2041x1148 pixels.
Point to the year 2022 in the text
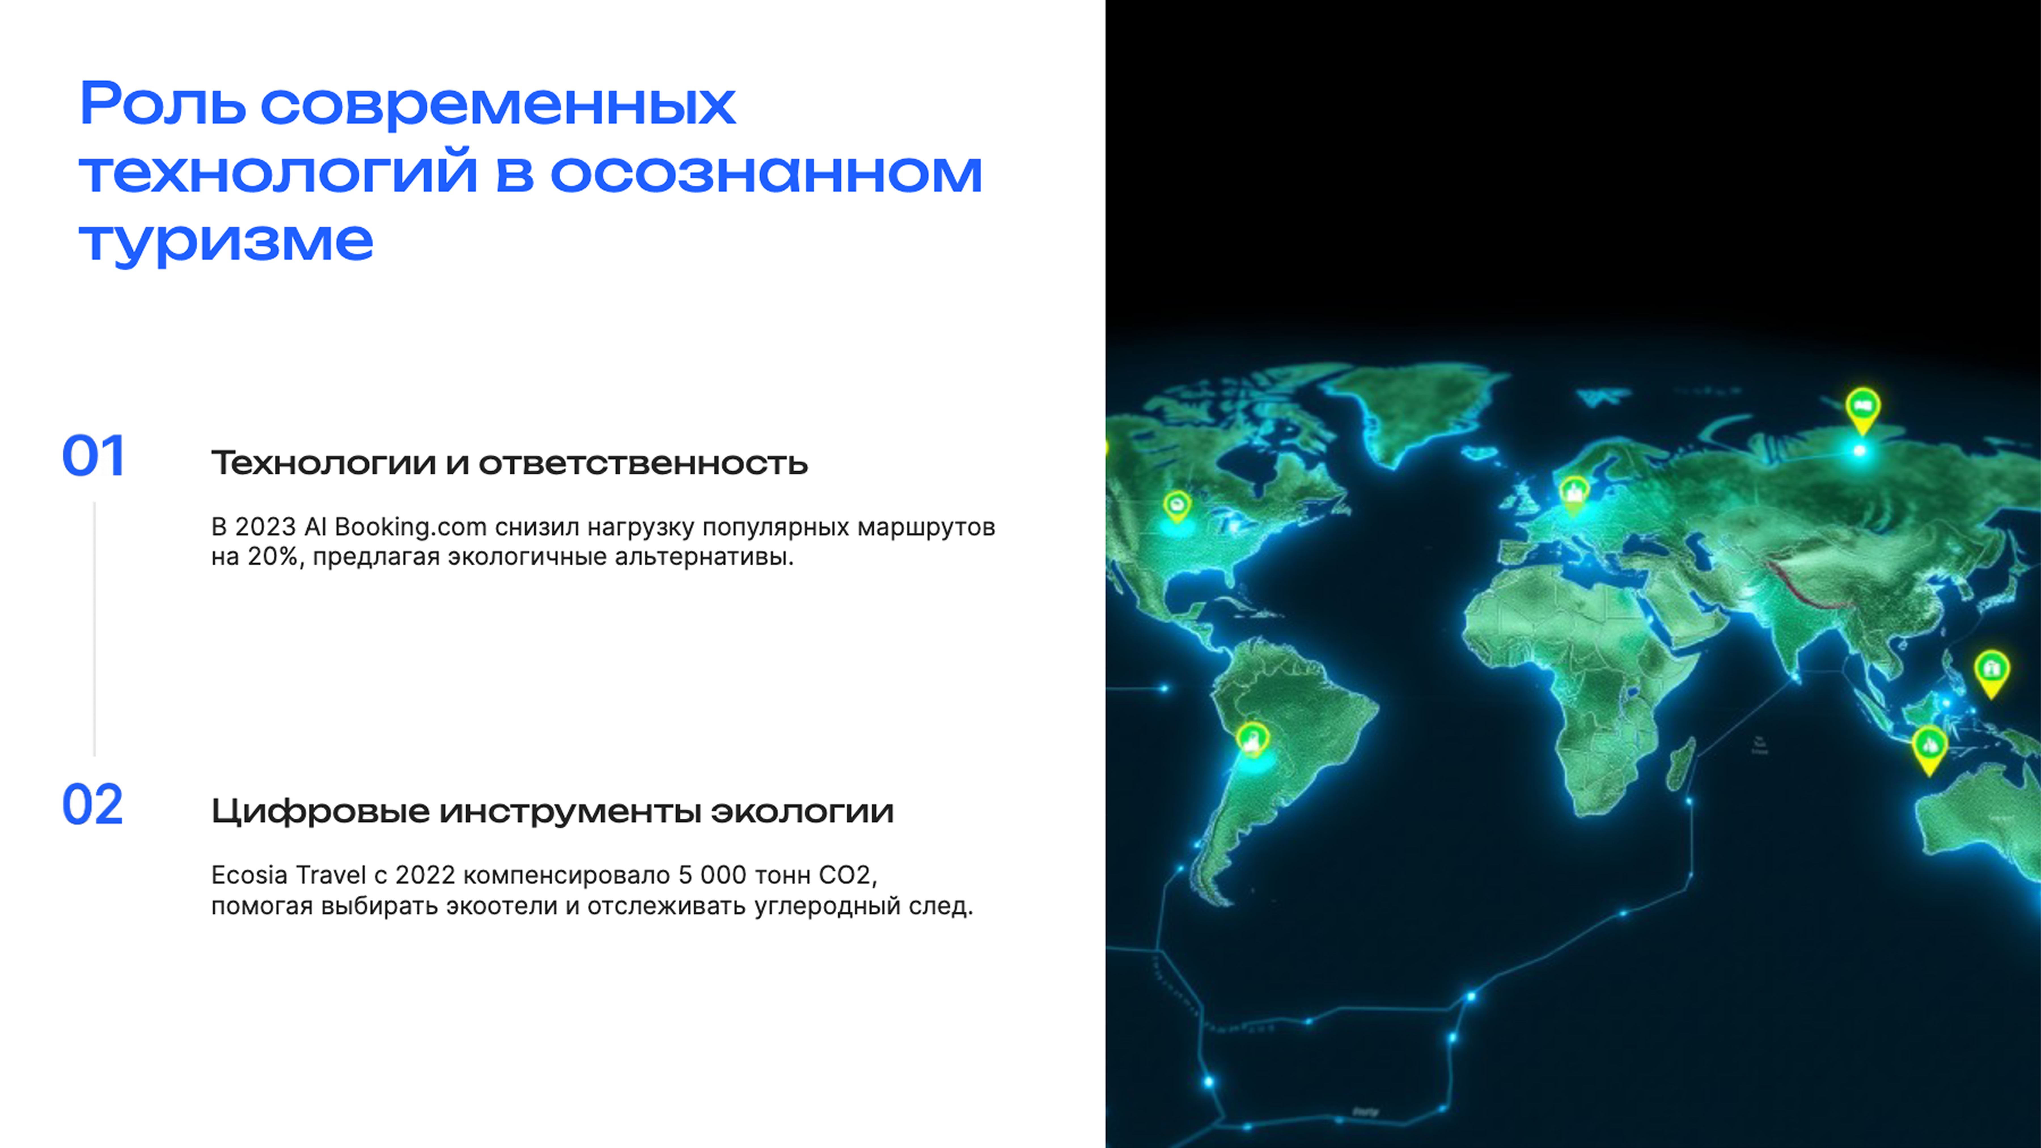pos(425,876)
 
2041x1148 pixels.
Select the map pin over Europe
pos(1574,492)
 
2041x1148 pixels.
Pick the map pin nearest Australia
pos(1929,746)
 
